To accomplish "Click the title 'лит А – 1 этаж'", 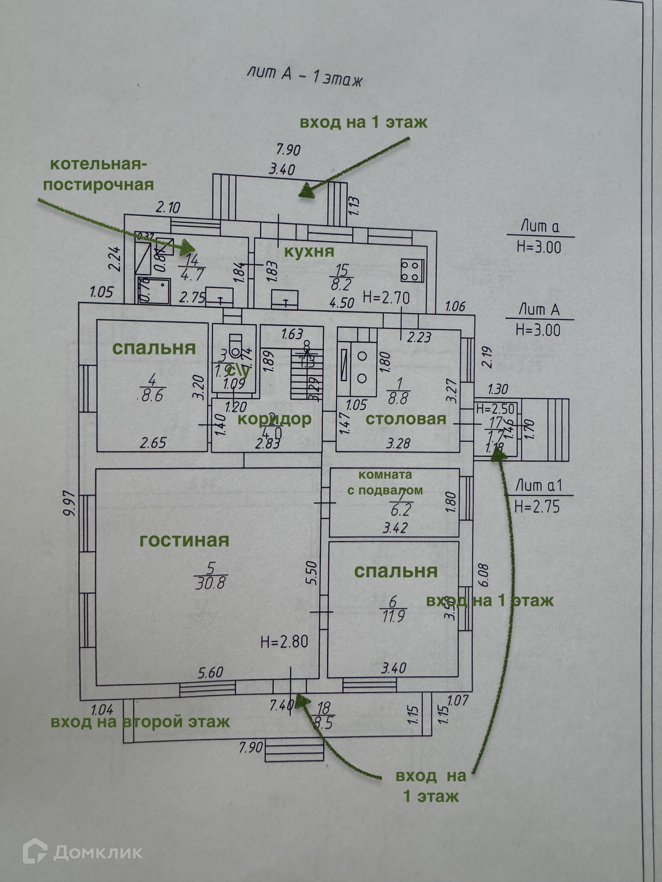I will click(304, 76).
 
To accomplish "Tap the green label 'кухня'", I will click(309, 252).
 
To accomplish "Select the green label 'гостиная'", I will click(184, 541).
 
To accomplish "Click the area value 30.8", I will click(210, 584).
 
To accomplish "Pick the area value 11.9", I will click(393, 616).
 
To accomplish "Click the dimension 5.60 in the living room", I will click(210, 672).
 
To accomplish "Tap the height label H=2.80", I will click(284, 642).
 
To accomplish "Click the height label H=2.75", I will click(537, 507).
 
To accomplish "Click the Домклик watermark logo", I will click(83, 849).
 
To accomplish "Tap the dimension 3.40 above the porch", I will click(282, 170).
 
